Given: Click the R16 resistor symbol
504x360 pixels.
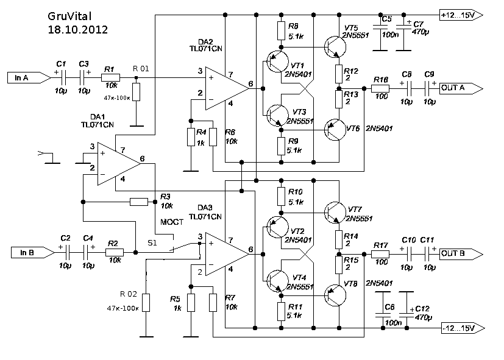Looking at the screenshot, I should [382, 88].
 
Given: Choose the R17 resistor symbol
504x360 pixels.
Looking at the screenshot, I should [382, 253].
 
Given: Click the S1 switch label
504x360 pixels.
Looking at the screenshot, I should [152, 243].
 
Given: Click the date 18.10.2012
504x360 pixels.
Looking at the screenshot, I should [78, 29].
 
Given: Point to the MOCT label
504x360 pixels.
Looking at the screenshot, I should [171, 222].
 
